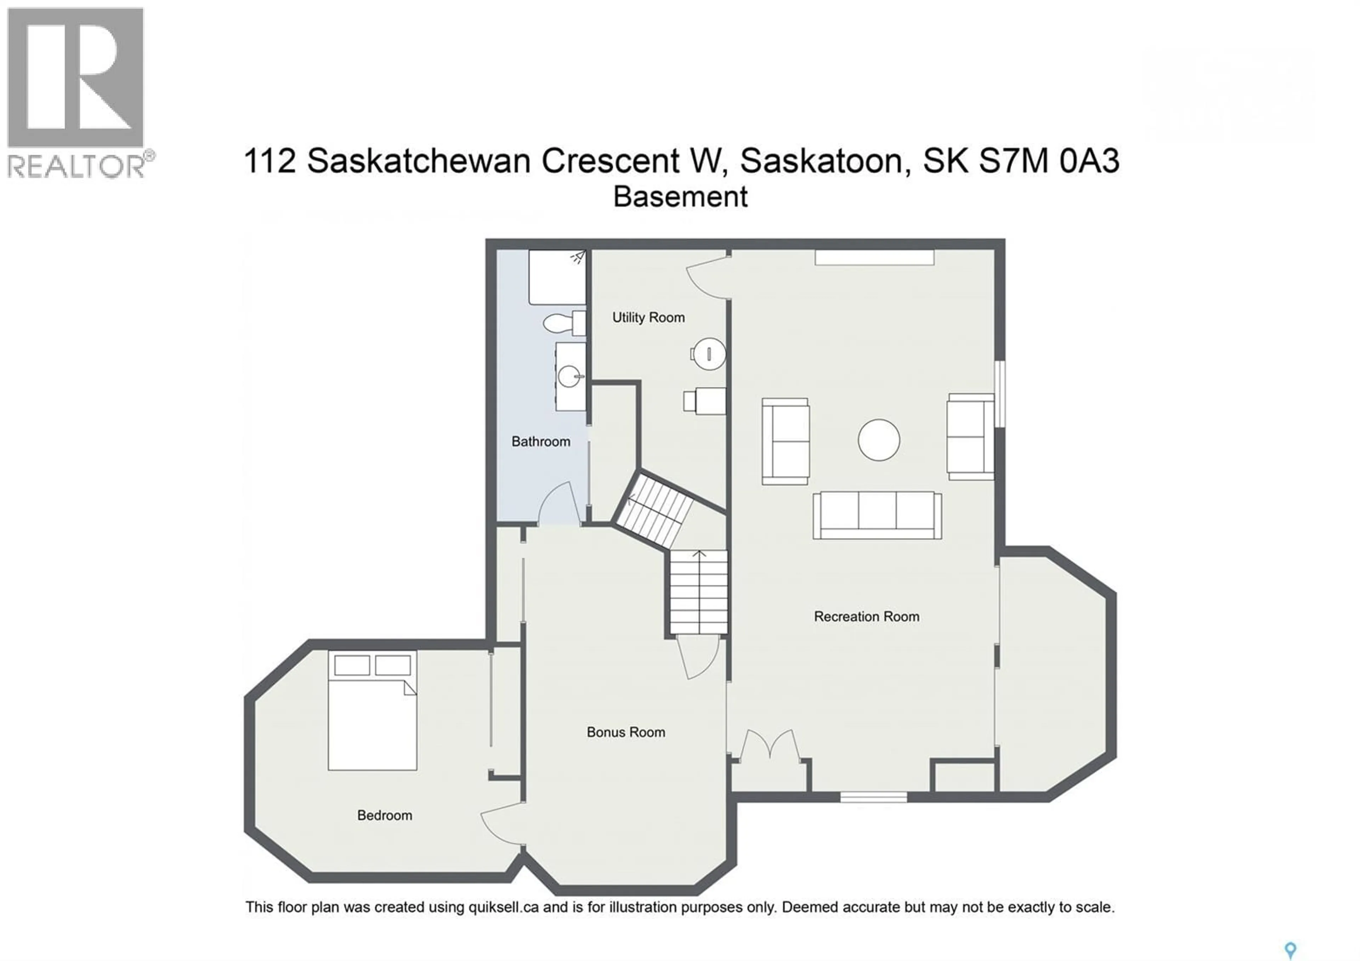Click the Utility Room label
click(x=648, y=317)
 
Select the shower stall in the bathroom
click(x=556, y=277)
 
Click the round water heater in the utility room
click(x=709, y=354)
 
